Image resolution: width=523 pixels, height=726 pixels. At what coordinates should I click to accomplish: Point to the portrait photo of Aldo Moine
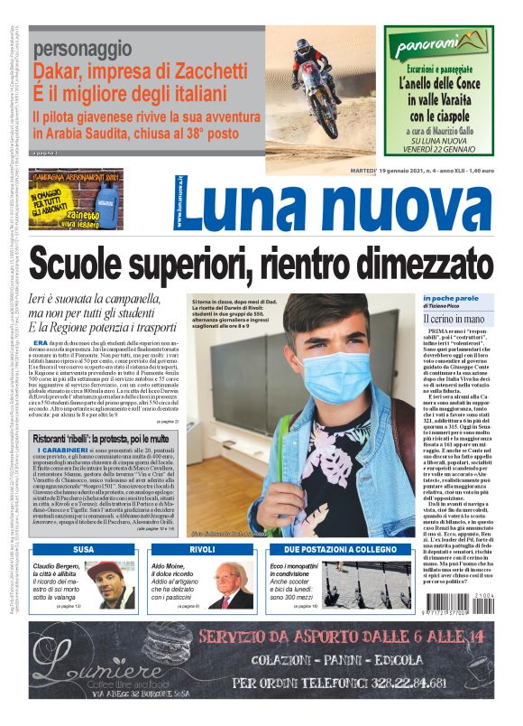[231, 585]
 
